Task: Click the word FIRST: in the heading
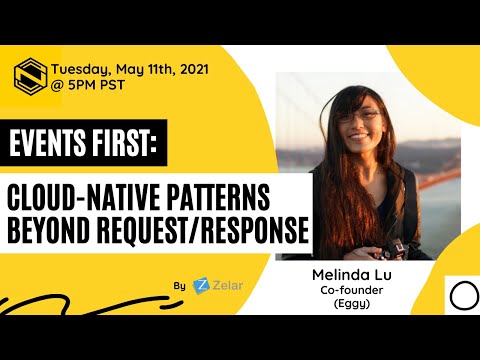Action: pos(123,145)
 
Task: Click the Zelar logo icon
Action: pos(201,285)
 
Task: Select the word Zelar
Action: pos(227,285)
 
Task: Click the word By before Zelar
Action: pos(179,286)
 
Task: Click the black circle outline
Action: pos(462,296)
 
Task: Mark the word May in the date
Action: pos(132,69)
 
